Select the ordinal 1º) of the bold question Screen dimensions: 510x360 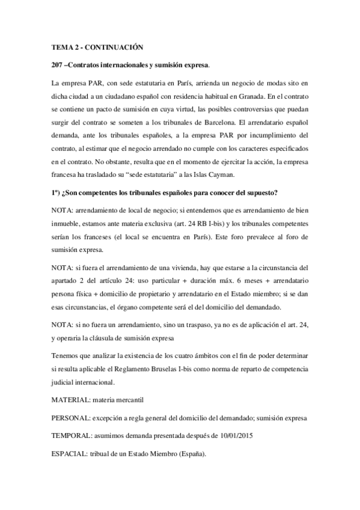58,192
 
